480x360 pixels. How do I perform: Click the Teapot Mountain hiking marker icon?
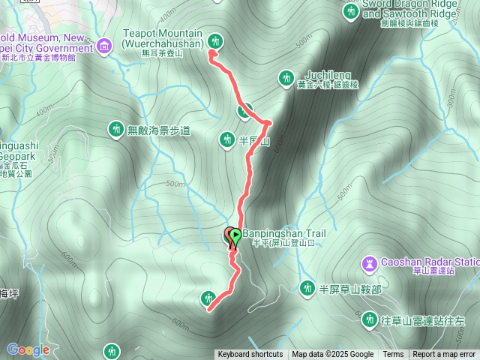tap(217, 40)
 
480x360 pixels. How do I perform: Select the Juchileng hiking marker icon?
tap(286, 77)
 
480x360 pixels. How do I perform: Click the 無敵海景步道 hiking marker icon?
tap(115, 130)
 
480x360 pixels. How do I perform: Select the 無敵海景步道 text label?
tap(159, 130)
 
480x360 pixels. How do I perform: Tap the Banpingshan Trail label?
tap(284, 233)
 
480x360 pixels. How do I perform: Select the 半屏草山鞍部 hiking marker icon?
tap(307, 288)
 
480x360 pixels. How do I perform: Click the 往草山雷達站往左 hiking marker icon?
tap(369, 320)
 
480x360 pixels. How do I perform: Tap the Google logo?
tap(28, 349)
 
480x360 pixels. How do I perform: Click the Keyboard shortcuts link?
tap(250, 355)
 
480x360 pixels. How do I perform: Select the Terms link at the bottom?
tap(393, 355)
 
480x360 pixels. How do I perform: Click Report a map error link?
tap(444, 355)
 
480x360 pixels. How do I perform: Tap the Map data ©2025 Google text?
tap(333, 355)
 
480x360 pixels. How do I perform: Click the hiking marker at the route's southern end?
tap(208, 299)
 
